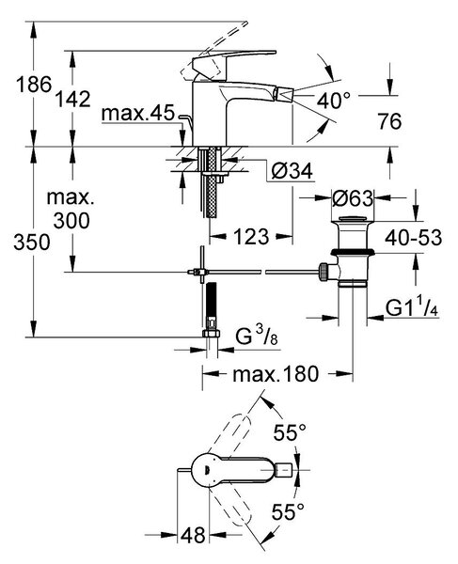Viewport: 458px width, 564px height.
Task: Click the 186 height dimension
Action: point(34,85)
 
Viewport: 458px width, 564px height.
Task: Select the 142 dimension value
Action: point(72,99)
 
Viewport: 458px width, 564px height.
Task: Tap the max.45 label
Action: point(138,113)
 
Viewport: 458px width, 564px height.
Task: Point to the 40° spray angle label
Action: point(333,100)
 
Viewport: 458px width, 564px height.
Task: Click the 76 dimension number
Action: point(389,121)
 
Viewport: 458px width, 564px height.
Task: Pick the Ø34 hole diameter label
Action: point(292,171)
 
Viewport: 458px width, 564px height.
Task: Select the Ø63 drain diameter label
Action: point(353,197)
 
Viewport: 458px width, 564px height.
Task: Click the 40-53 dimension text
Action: point(414,238)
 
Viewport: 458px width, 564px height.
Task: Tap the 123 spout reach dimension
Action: point(251,237)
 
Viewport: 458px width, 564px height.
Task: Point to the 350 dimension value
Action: point(32,243)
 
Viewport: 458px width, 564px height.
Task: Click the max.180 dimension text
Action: point(276,374)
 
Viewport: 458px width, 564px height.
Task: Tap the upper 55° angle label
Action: point(290,432)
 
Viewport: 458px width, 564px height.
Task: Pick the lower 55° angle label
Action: point(288,511)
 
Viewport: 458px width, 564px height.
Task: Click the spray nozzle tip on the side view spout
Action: point(283,96)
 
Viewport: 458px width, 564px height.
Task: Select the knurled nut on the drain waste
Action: point(323,272)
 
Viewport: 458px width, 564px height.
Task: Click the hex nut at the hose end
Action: point(212,334)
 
